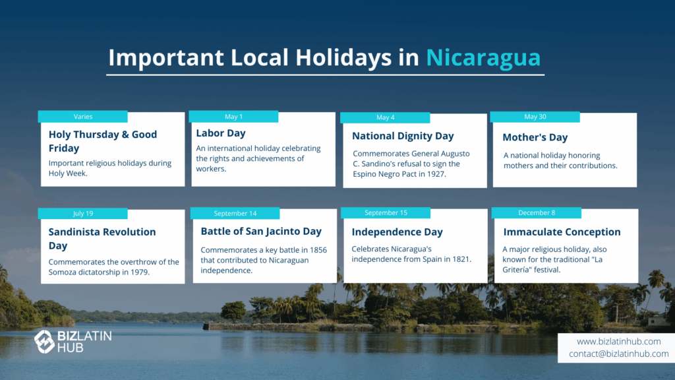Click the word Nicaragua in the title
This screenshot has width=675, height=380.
[483, 57]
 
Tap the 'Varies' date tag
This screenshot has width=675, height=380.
[82, 116]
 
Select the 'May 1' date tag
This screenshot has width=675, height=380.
[233, 116]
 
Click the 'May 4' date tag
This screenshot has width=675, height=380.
[385, 117]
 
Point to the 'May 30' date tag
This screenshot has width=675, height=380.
[535, 117]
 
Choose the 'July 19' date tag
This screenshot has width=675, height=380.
[82, 213]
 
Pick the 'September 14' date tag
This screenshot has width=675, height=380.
[235, 213]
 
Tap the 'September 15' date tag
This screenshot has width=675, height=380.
[386, 213]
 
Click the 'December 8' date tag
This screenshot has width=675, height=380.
[537, 213]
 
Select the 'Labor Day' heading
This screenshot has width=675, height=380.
[221, 133]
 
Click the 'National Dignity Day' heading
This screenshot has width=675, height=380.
[403, 136]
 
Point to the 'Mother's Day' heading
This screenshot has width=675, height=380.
[535, 137]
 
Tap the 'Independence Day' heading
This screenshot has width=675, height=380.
[397, 232]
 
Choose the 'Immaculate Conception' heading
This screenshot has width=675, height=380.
[562, 232]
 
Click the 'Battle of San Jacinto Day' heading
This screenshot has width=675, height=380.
[261, 232]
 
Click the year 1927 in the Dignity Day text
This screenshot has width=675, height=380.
[436, 174]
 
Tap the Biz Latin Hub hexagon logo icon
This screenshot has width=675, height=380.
[44, 342]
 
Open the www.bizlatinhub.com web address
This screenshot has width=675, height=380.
[618, 341]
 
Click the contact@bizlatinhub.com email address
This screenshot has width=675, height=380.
[618, 354]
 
